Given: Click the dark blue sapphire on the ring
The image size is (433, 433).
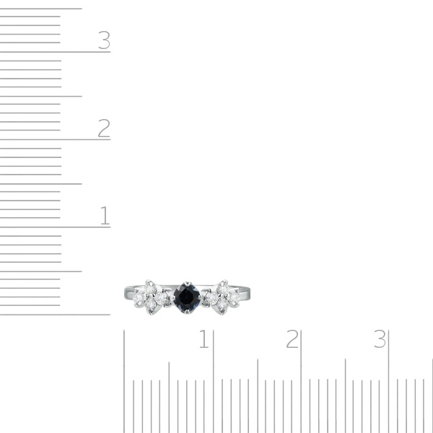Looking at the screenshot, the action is [187, 297].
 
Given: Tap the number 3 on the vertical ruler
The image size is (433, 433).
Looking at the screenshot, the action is [105, 40].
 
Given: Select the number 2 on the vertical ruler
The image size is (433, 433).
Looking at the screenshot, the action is [104, 128].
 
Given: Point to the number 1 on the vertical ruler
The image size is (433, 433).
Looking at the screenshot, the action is [105, 215].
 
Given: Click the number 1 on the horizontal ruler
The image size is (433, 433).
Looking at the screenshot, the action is [204, 338].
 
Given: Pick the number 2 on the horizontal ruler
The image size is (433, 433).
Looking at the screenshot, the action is [292, 338].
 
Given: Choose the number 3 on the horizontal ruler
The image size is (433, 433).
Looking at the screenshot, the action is [380, 338].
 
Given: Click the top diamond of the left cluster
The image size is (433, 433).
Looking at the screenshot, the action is [149, 289].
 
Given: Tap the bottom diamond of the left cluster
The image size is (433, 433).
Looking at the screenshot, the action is [151, 305].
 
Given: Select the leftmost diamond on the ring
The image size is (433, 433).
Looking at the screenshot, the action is [138, 297].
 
